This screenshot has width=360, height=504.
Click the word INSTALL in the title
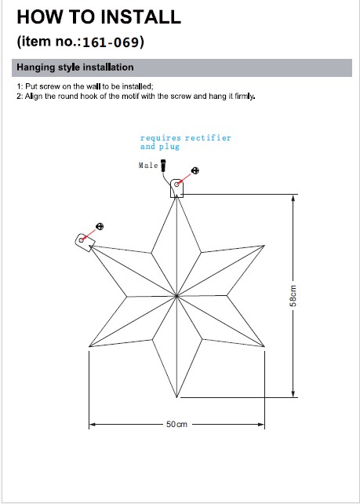pyautogui.click(x=144, y=16)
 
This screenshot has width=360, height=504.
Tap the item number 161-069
pyautogui.click(x=111, y=42)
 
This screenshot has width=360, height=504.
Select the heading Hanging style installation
pyautogui.click(x=75, y=68)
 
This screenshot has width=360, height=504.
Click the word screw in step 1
pyautogui.click(x=51, y=86)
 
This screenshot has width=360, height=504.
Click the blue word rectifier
pyautogui.click(x=208, y=138)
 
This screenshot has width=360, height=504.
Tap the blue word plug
pyautogui.click(x=169, y=147)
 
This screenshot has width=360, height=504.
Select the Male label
pyautogui.click(x=148, y=165)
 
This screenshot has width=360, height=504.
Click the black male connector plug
pyautogui.click(x=163, y=165)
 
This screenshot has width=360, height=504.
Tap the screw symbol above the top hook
pyautogui.click(x=195, y=170)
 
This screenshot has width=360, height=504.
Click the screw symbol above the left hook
pyautogui.click(x=100, y=227)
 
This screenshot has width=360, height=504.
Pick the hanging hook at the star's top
pyautogui.click(x=176, y=188)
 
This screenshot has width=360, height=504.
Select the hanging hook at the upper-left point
pyautogui.click(x=85, y=242)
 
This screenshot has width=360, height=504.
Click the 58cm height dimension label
pyautogui.click(x=293, y=296)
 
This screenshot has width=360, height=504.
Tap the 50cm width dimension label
pyautogui.click(x=176, y=424)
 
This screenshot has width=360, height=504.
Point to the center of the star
pyautogui.click(x=176, y=296)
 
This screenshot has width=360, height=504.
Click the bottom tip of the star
pyautogui.click(x=176, y=397)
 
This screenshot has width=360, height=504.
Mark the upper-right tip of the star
pyautogui.click(x=264, y=245)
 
